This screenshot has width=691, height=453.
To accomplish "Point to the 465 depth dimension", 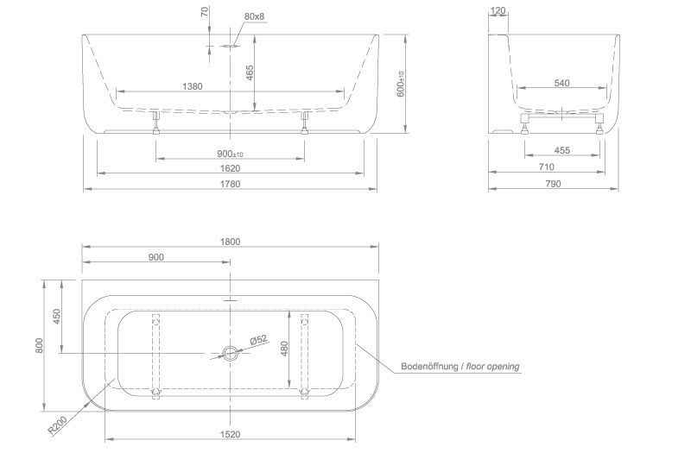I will tap(250, 73).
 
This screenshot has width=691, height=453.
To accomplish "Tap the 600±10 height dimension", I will tap(400, 84).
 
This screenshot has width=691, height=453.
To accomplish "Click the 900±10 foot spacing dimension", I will tap(230, 154).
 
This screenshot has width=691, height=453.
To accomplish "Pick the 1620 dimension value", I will tap(230, 169).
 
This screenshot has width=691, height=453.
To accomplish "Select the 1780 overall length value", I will tap(230, 184).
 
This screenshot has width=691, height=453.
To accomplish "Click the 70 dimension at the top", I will tap(205, 12).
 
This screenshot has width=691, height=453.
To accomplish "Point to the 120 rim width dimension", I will tap(497, 11).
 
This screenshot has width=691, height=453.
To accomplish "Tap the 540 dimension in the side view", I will tap(561, 84).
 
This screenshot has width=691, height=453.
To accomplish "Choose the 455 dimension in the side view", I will tap(561, 150).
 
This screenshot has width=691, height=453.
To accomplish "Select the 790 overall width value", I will tap(553, 184).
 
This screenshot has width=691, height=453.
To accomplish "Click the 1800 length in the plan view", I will tap(230, 242).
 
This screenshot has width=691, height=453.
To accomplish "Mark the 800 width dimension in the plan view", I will tap(38, 345).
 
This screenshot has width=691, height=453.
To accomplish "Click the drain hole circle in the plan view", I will tap(230, 353).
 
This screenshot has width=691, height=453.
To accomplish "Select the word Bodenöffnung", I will tap(429, 367).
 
